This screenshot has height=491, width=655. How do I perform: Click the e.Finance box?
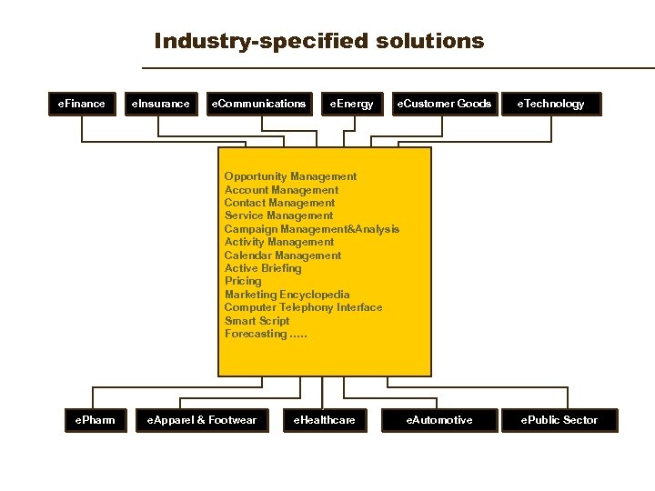pos(82,104)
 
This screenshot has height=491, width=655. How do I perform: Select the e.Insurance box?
pos(161,104)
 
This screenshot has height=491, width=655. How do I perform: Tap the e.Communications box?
pos(259,104)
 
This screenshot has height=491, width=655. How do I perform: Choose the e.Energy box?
pos(352,104)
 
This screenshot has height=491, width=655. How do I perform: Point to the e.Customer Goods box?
pos(443,104)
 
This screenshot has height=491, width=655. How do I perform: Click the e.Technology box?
pos(551,104)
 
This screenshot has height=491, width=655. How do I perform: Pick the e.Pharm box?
pos(96,420)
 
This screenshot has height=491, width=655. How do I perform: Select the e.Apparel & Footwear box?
pos(196,420)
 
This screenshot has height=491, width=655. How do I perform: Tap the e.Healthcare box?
pos(324,420)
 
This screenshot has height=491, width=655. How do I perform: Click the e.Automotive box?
pos(439,420)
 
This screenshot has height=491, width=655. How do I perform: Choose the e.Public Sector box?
pos(559,420)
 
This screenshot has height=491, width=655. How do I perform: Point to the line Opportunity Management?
pos(290,176)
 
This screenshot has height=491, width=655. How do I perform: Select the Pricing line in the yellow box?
pos(243,281)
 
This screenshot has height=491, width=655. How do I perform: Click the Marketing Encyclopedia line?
pos(287,295)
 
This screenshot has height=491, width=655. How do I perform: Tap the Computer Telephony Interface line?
pos(303,307)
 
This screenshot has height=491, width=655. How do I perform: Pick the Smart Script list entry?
pos(257,321)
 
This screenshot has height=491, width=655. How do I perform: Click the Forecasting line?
pos(265,334)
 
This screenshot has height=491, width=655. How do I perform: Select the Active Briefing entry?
pos(262,268)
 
